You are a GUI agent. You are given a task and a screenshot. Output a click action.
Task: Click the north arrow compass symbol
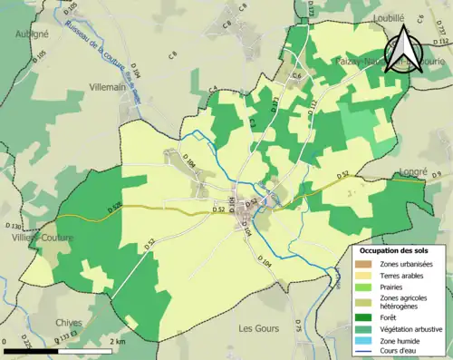(404, 47)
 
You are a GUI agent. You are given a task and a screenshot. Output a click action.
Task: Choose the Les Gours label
(256, 326)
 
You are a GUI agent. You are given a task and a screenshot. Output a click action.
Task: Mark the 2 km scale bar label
(118, 342)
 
